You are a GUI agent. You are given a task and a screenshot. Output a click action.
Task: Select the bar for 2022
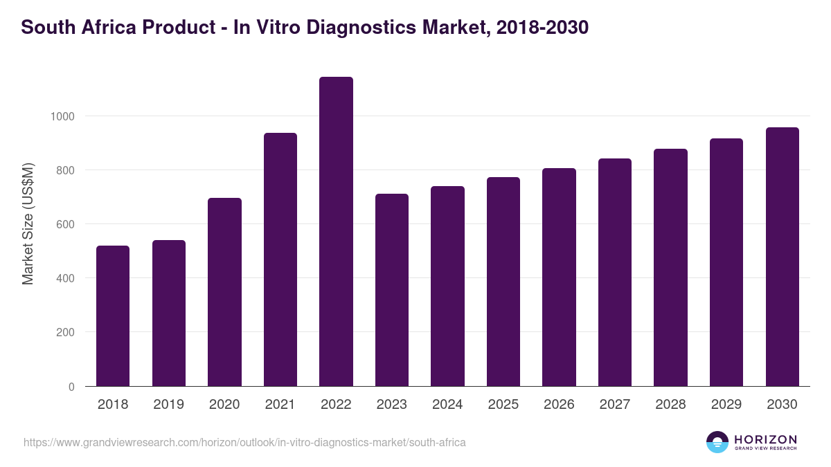tap(336, 232)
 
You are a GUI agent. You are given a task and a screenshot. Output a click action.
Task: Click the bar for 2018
tap(113, 316)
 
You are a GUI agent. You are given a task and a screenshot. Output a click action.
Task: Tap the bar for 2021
tap(280, 259)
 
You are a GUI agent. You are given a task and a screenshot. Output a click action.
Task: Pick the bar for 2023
tap(392, 290)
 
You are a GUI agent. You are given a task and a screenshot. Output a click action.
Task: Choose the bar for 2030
tap(783, 257)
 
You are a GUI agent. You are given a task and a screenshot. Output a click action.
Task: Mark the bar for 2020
tap(224, 292)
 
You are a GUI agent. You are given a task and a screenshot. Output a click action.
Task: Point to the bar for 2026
tap(559, 277)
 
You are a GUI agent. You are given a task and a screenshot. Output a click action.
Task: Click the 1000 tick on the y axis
tap(62, 116)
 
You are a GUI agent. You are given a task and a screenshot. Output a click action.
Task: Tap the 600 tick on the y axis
tap(65, 224)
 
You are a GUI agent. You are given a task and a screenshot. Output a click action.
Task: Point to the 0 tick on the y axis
tap(71, 387)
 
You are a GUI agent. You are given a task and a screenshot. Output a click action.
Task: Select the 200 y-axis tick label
tap(65, 333)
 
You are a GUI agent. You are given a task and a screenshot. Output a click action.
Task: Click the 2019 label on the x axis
tap(168, 405)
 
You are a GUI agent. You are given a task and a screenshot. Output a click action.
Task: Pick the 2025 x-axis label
tap(503, 405)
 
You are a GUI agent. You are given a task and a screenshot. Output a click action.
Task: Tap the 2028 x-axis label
tap(670, 405)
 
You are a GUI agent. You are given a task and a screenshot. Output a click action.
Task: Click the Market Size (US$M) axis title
tap(28, 223)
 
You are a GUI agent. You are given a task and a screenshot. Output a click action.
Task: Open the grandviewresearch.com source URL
tap(244, 442)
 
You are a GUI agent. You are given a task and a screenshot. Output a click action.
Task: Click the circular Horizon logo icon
tap(717, 442)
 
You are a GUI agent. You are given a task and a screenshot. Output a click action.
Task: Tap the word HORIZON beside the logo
tap(765, 439)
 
